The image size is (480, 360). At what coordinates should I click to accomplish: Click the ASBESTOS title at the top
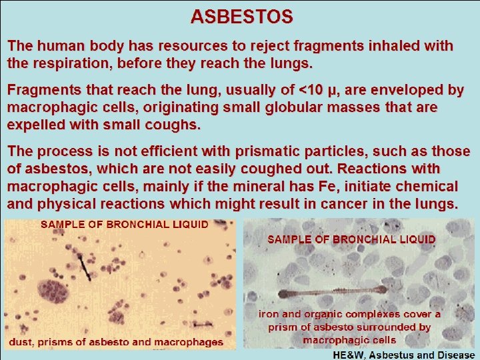coord(241,15)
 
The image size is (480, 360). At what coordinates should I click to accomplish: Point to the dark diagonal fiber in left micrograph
coord(84,266)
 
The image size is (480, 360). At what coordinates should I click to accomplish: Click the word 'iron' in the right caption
coord(271,313)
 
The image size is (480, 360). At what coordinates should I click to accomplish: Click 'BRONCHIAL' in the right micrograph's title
coord(365,239)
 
